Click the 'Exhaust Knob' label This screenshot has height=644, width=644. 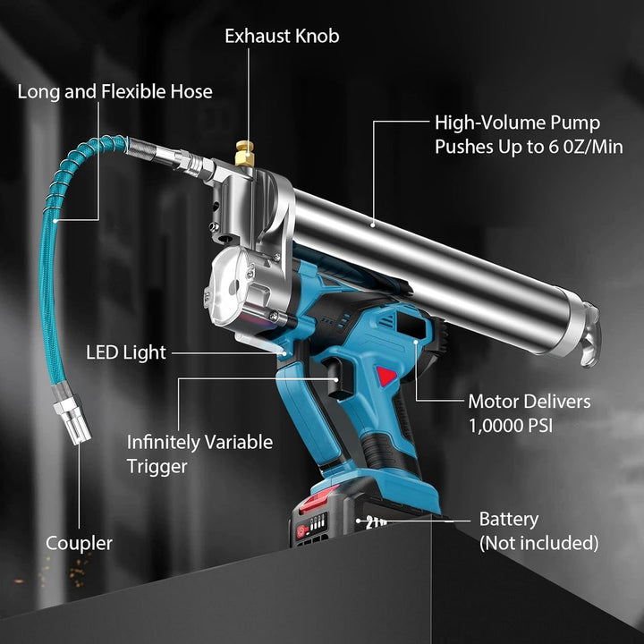click(282, 37)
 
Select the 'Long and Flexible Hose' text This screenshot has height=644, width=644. click(114, 91)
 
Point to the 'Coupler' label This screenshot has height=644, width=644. click(79, 543)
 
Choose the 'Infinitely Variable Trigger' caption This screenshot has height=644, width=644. click(199, 453)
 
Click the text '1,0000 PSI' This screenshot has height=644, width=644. click(511, 425)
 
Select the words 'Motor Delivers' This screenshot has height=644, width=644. click(529, 402)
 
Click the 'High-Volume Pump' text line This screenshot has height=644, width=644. click(517, 123)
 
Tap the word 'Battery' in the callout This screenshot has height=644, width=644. click(509, 520)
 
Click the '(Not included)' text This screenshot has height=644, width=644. click(538, 543)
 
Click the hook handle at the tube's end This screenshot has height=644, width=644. click(590, 335)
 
